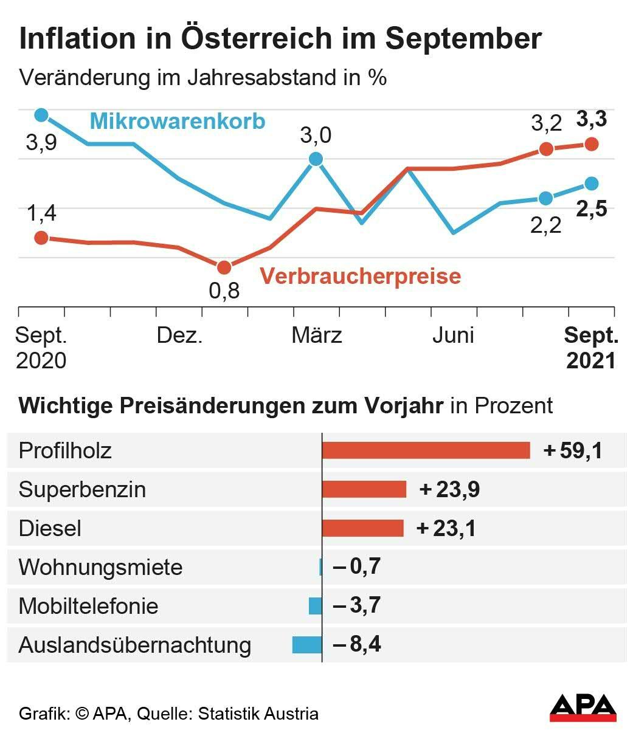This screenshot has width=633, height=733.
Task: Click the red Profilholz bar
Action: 426,450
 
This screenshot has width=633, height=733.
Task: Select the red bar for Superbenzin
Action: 364,489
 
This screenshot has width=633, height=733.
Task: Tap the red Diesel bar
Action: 362,528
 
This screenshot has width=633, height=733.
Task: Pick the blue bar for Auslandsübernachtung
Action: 307,644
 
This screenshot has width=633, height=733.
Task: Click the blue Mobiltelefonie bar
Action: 315,606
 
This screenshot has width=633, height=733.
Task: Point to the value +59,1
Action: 573,451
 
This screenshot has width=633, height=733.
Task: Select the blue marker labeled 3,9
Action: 41,115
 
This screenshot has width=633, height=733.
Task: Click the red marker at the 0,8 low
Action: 224,267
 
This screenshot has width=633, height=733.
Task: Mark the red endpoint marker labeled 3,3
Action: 591,144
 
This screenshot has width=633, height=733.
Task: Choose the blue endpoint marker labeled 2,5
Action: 591,184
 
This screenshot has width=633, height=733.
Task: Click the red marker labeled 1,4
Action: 41,238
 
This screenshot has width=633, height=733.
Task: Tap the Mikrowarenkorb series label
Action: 178,121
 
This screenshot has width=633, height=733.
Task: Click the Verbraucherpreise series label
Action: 360,277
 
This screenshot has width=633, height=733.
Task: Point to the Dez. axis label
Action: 179,336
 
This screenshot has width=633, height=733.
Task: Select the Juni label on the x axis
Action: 453,336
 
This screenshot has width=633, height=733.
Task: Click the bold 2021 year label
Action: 590,360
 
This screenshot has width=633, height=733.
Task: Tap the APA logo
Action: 583,707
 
